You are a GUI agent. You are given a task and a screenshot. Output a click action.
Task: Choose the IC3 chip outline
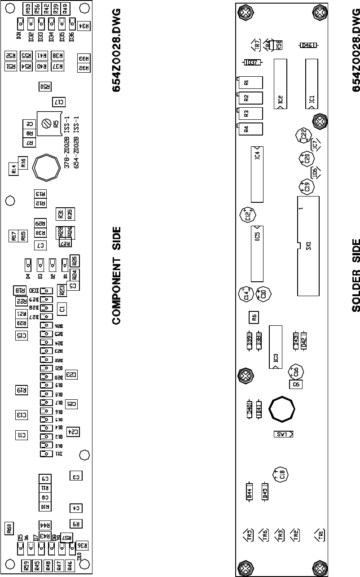275,347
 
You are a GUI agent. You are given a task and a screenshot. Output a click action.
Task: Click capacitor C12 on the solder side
248,215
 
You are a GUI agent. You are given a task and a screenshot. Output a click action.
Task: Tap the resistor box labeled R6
254,317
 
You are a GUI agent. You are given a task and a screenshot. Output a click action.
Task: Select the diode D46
307,45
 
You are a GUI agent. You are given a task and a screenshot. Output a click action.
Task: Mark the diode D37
252,63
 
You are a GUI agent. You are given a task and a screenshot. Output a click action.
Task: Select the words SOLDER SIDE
356,275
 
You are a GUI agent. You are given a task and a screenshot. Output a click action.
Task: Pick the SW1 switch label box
284,434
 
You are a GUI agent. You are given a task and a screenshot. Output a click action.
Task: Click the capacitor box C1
62,308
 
